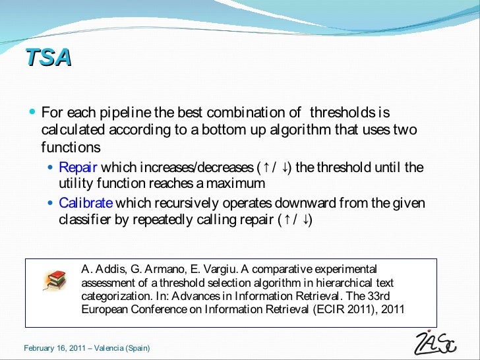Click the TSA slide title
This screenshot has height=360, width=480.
[48, 58]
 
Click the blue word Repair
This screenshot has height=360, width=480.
[78, 167]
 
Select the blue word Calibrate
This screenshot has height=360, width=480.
[86, 203]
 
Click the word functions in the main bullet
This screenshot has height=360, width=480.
[71, 147]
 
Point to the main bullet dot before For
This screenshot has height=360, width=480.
[33, 113]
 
